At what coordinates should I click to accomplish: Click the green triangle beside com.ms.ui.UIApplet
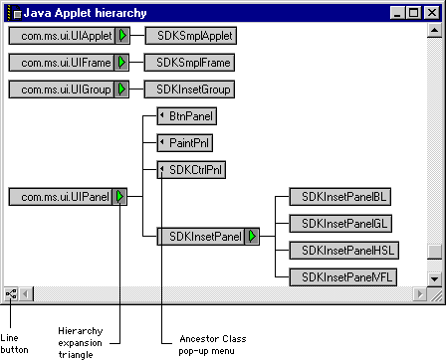[122, 36]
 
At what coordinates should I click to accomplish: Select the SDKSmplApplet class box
[191, 36]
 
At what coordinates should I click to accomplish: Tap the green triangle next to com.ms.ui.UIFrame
[121, 63]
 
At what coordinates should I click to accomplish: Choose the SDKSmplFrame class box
[189, 63]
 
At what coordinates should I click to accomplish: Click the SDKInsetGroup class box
[189, 90]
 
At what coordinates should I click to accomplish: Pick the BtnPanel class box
[187, 116]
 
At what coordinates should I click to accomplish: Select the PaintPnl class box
[185, 143]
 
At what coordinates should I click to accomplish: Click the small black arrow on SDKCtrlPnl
[162, 169]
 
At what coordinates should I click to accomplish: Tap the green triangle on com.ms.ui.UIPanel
[119, 197]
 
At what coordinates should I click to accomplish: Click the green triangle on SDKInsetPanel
[252, 237]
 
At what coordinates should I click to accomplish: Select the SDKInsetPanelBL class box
[340, 197]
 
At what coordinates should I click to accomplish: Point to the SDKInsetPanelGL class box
[340, 224]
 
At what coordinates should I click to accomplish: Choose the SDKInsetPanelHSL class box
[344, 251]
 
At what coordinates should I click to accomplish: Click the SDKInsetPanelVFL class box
[343, 277]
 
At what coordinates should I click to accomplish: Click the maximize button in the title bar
[414, 13]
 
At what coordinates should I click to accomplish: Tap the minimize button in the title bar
[397, 13]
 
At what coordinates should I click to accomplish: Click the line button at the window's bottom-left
[11, 294]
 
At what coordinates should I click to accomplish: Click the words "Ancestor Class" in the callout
[213, 339]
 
